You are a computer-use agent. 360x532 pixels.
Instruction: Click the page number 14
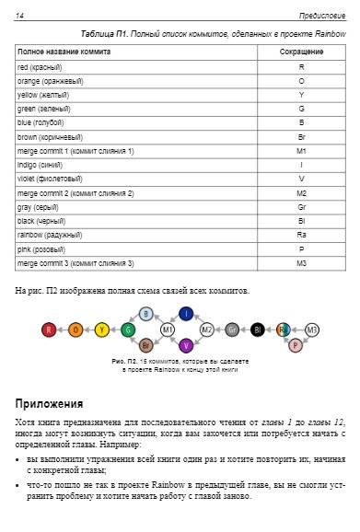point(19,15)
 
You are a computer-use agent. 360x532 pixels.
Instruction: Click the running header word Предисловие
point(322,15)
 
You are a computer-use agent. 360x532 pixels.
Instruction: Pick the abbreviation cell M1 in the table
point(301,151)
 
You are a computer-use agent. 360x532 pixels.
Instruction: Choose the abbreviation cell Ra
point(301,235)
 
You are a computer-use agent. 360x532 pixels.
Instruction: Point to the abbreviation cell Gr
point(301,207)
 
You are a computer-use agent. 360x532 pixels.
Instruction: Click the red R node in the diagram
point(49,329)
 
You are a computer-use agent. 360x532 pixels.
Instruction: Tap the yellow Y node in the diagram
point(102,329)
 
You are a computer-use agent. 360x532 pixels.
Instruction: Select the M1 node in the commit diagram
point(168,329)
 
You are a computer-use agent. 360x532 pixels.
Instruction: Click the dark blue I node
point(187,314)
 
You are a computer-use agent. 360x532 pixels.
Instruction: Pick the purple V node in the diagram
point(187,344)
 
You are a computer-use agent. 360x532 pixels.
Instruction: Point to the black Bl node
point(259,329)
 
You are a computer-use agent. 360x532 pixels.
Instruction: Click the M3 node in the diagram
point(312,329)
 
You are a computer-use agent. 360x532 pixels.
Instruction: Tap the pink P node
point(295,344)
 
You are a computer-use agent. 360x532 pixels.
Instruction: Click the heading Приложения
point(49,403)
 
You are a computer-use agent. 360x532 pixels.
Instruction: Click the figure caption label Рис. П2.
point(122,362)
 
